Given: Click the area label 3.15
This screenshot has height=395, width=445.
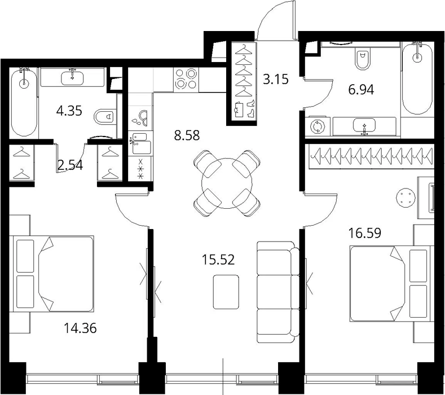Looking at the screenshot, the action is [x=276, y=79].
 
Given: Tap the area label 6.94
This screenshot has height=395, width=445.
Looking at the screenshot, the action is [x=361, y=90].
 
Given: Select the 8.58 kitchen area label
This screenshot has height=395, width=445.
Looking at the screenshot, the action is [x=187, y=135].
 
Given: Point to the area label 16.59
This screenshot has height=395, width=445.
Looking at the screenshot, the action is [x=365, y=233].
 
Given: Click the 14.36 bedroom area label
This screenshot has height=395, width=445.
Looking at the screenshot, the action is [x=80, y=328].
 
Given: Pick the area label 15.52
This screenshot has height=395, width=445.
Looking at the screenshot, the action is [x=218, y=260].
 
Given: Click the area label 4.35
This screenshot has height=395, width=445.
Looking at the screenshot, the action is [x=69, y=111].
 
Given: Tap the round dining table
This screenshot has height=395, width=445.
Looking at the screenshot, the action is [x=227, y=183].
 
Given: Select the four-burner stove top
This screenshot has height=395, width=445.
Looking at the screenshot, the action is [x=186, y=80].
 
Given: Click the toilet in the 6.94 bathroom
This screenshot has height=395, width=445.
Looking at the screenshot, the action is [x=363, y=59].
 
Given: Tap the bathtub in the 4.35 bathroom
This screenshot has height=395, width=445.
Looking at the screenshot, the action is [x=24, y=103].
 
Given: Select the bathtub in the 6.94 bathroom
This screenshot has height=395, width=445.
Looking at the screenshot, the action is [x=417, y=78].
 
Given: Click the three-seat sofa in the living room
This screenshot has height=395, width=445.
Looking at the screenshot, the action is [x=278, y=292].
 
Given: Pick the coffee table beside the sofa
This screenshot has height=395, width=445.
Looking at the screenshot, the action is [x=226, y=292].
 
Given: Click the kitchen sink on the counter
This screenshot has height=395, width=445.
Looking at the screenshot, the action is [x=139, y=143].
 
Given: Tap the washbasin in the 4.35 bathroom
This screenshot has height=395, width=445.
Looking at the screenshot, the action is [x=72, y=77].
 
